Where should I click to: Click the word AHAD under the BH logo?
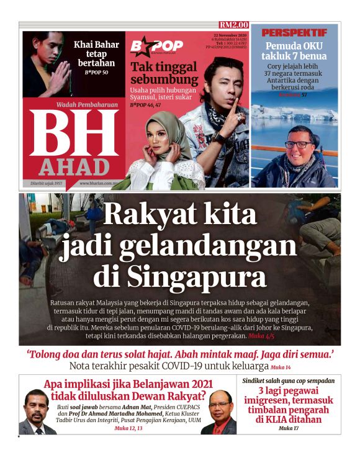tap(74, 167)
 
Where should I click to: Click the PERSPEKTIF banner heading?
tap(294, 32)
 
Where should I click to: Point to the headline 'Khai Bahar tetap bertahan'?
tap(96, 53)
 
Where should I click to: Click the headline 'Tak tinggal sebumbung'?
tap(164, 73)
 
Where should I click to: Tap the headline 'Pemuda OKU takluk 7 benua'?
tap(295, 51)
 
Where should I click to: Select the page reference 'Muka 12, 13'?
tap(128, 428)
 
